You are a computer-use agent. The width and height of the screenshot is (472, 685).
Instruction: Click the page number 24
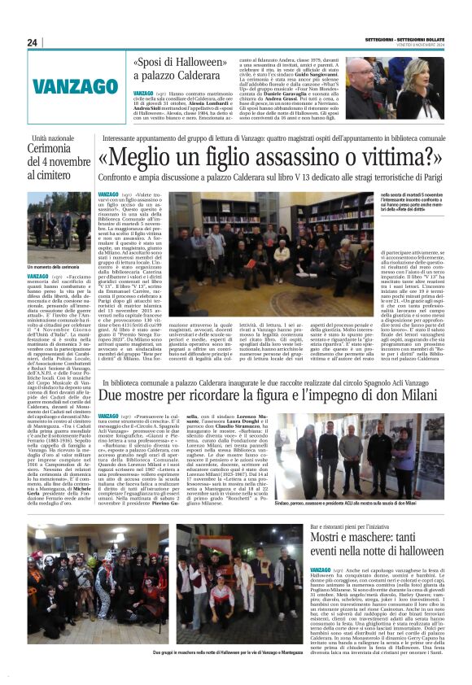point(33,43)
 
